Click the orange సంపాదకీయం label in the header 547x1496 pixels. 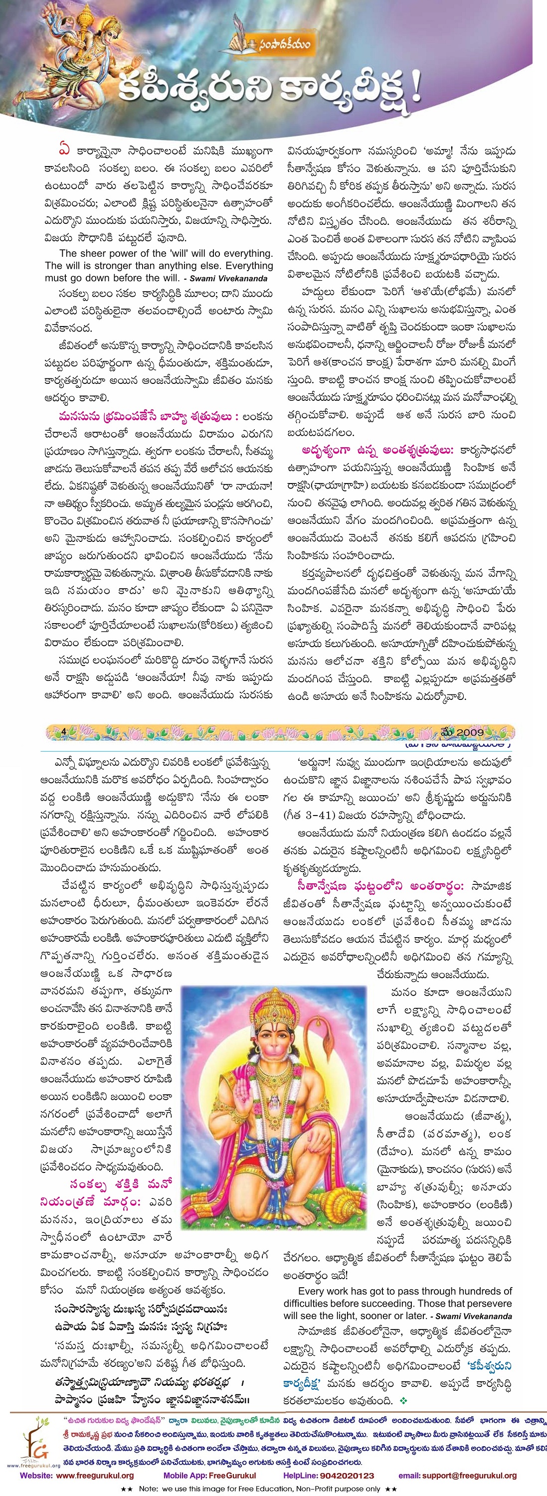click(x=285, y=43)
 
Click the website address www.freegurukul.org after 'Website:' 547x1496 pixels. click(x=95, y=1475)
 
